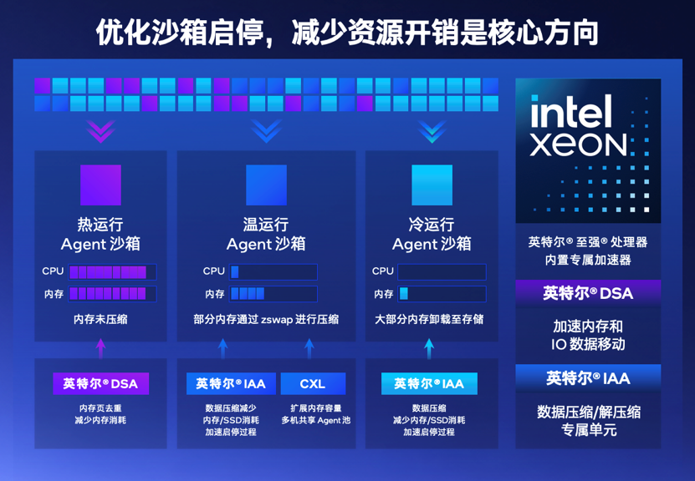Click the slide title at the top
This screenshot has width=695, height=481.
coord(347,32)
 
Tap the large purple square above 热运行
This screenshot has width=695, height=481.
coord(100,185)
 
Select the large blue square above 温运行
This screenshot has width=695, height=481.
coord(267,185)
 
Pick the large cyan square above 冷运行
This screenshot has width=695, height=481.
coord(432,185)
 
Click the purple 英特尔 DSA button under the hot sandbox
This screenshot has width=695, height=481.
coord(100,383)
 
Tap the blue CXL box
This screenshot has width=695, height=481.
coord(313,383)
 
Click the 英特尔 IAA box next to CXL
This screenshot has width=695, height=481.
coord(231,383)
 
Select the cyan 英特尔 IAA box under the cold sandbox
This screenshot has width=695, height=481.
coord(429,383)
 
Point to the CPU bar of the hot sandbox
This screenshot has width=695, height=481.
coord(112,271)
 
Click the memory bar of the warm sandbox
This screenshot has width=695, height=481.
coord(273,293)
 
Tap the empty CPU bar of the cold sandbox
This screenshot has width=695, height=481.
coord(442,271)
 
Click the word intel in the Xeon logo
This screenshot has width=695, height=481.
coord(571,112)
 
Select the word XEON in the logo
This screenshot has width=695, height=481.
coord(579,144)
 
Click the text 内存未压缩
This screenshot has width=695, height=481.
coord(100,319)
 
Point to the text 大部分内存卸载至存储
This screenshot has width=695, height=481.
coord(429,319)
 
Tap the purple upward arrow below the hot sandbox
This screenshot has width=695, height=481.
coord(101,349)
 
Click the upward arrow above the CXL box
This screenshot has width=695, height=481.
coord(309,349)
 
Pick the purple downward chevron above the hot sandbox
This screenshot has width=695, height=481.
coord(100,131)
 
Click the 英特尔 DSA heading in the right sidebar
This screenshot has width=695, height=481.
coord(588,293)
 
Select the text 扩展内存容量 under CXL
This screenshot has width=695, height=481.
coord(315,408)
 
